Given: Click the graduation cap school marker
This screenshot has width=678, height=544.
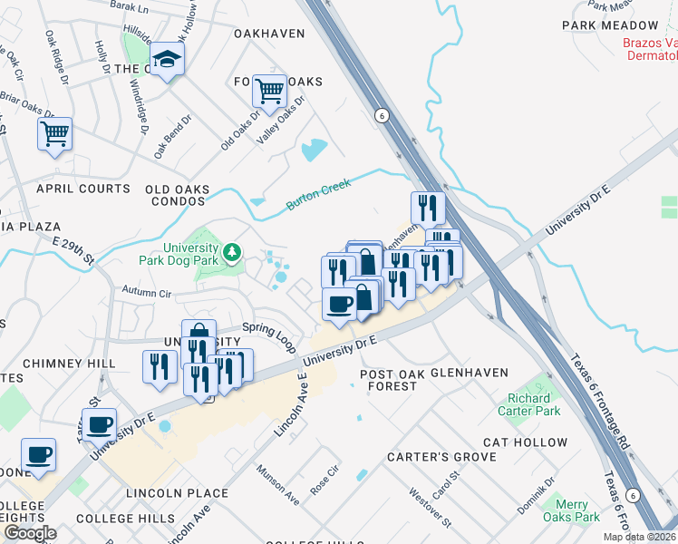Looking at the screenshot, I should [x=167, y=60].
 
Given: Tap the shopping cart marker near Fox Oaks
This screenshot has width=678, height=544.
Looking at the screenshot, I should [x=269, y=91].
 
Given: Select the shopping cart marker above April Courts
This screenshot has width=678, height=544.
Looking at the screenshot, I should [x=54, y=133].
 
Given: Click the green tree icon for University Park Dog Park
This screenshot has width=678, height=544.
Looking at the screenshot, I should [x=233, y=250].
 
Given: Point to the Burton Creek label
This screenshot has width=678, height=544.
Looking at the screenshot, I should [x=317, y=192].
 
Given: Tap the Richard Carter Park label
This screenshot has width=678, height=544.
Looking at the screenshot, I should [x=528, y=404].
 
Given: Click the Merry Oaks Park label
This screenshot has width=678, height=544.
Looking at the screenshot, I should [x=572, y=510].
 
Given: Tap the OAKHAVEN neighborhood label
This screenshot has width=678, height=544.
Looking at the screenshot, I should [x=268, y=34].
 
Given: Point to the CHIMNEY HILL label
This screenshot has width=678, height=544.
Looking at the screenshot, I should [x=69, y=364].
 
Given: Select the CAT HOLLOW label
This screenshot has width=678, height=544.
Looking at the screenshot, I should [x=525, y=442].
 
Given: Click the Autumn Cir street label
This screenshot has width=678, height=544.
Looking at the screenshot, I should [x=146, y=294].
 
